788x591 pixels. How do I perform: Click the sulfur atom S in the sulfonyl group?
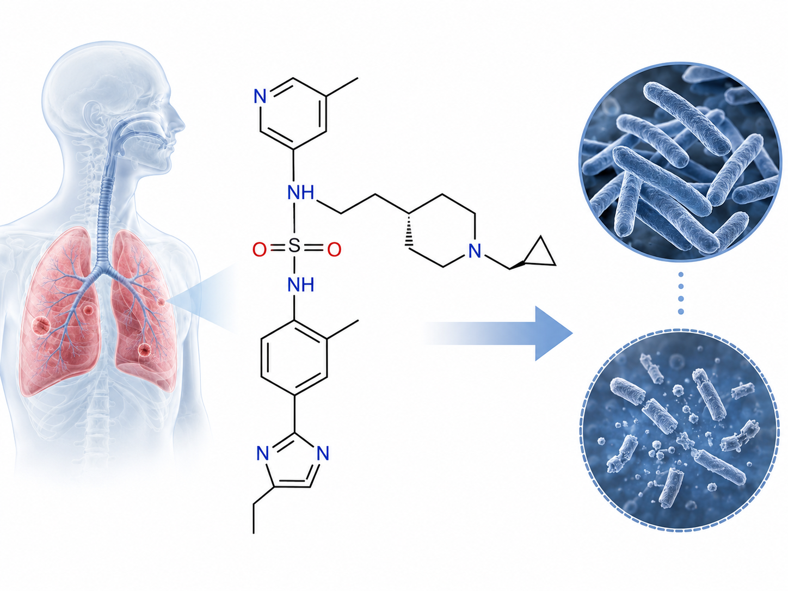294,247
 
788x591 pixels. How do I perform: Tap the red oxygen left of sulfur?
260,249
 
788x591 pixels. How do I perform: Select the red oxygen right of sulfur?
334,249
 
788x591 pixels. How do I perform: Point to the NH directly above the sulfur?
301,193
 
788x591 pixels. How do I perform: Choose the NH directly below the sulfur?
301,285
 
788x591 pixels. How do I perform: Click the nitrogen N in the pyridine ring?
260,96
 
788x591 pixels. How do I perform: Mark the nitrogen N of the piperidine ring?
475,250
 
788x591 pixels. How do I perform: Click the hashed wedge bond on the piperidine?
409,230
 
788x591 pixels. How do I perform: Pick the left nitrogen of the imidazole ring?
263,453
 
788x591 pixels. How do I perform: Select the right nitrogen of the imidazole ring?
323,453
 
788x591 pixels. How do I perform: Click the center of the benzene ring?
294,358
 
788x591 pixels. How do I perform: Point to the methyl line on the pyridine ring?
342,87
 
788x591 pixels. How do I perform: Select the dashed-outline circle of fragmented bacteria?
680,430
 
